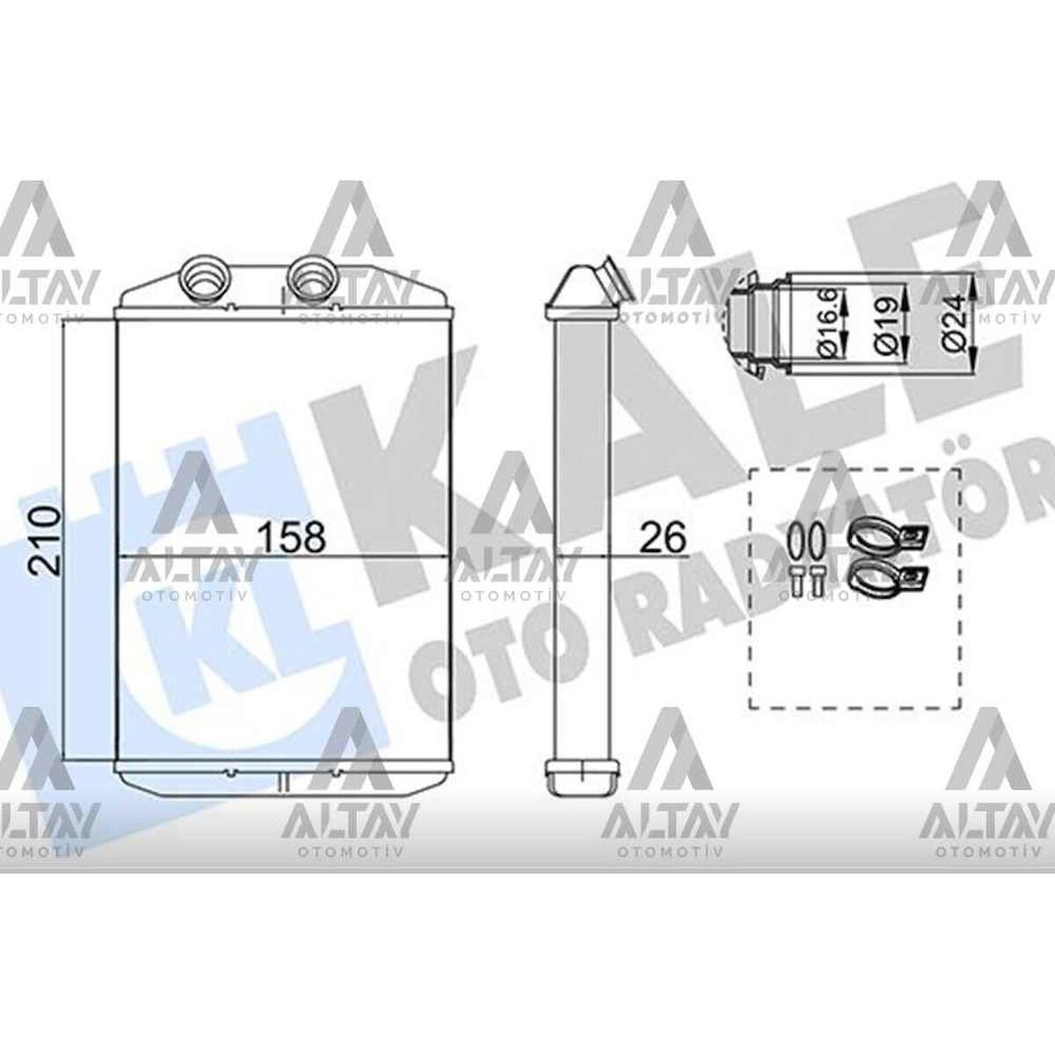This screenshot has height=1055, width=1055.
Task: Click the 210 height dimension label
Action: pyautogui.click(x=46, y=540)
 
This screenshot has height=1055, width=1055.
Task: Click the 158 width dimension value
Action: pyautogui.click(x=291, y=536)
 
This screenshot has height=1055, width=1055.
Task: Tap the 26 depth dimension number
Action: pyautogui.click(x=662, y=536)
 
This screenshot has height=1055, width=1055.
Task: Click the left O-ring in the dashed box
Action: pyautogui.click(x=796, y=542)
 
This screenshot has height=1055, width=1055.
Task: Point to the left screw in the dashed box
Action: pyautogui.click(x=797, y=582)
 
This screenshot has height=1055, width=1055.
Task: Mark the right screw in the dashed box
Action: pyautogui.click(x=818, y=582)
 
